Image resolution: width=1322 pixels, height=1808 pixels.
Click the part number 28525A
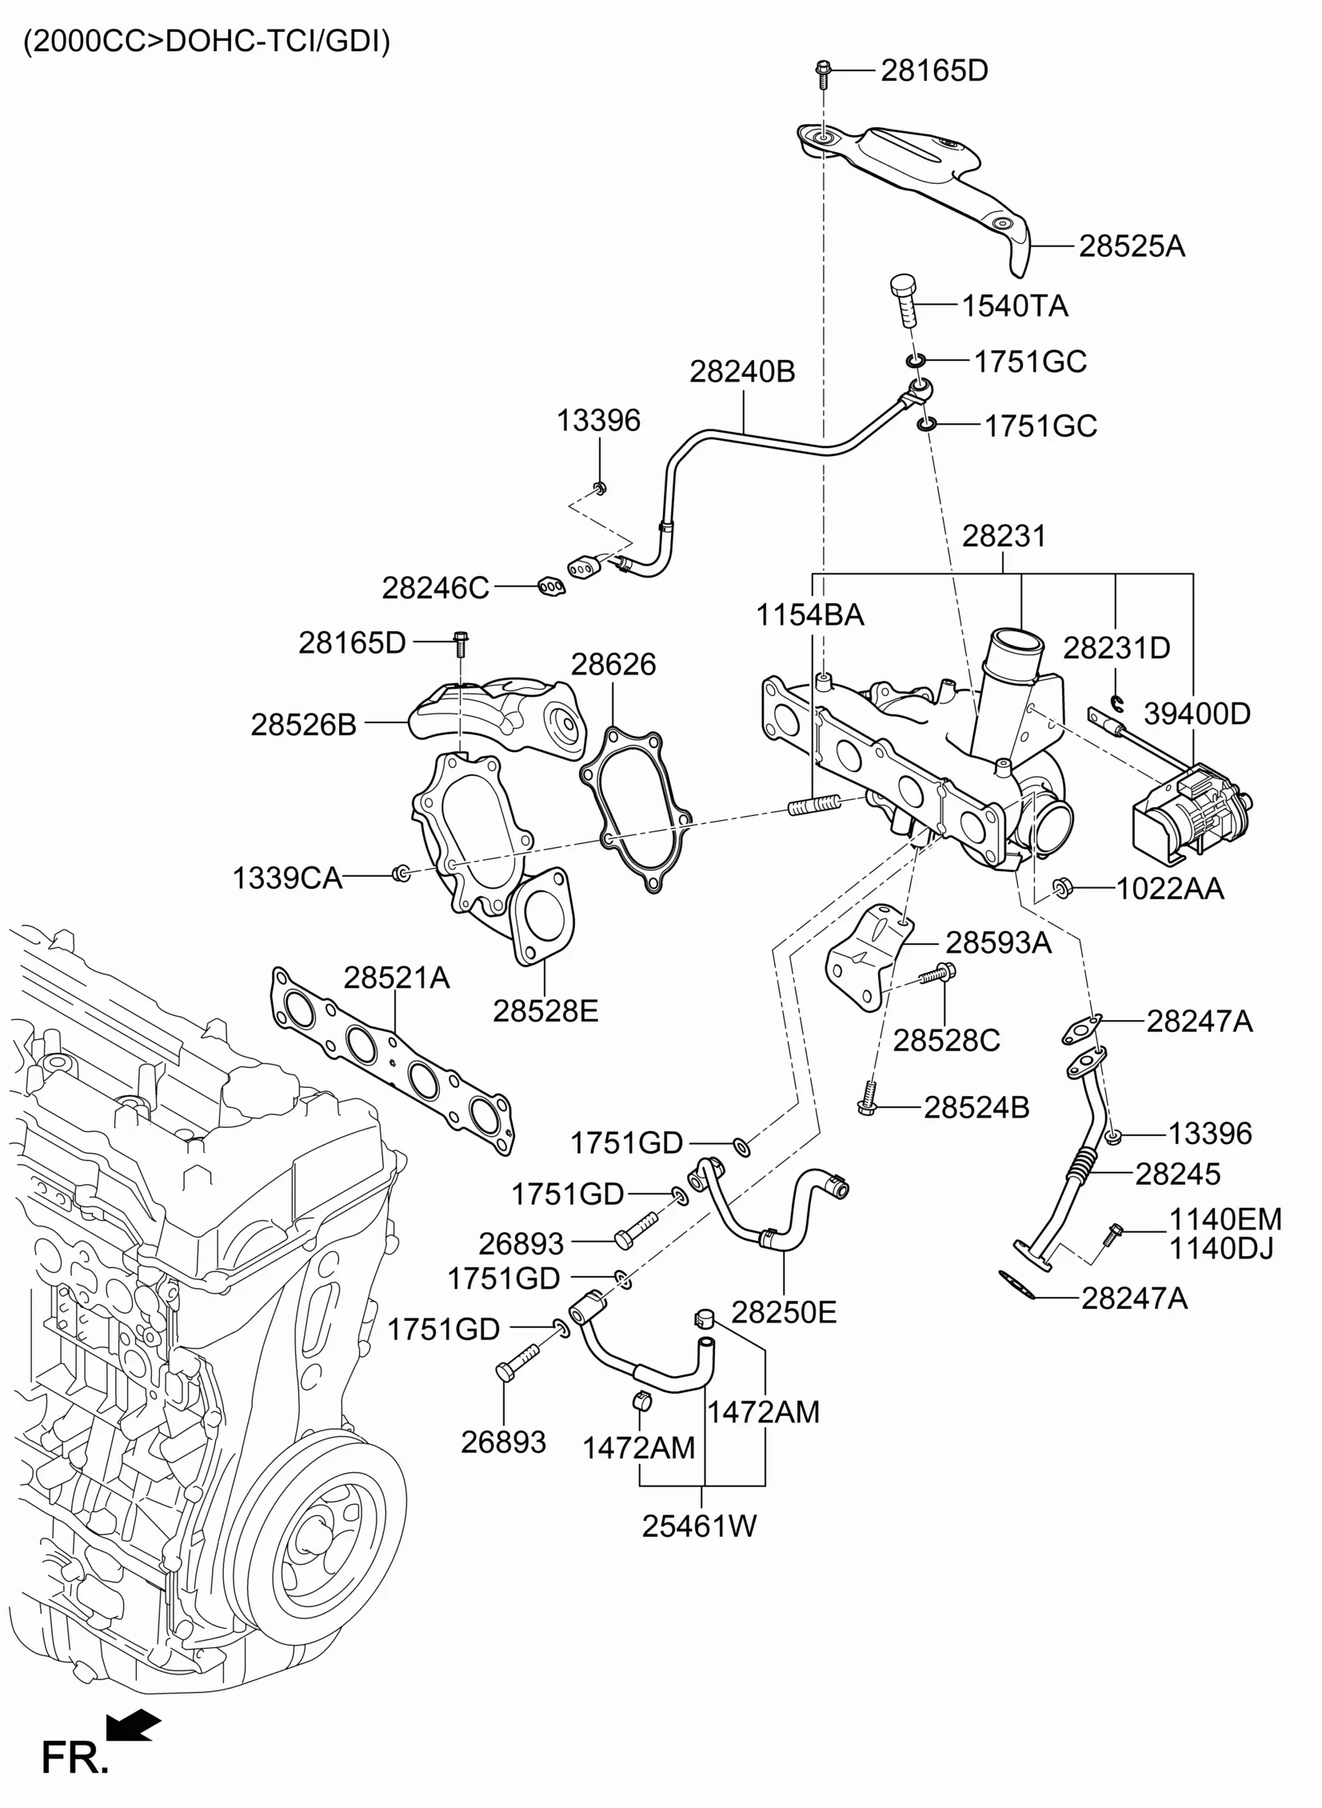pyautogui.click(x=1132, y=246)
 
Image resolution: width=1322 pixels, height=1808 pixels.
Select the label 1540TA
pyautogui.click(x=1015, y=306)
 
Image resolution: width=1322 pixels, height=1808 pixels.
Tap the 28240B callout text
pyautogui.click(x=742, y=371)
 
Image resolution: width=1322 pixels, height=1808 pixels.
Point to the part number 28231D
pyautogui.click(x=1116, y=647)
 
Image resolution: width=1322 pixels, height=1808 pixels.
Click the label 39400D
pyautogui.click(x=1196, y=713)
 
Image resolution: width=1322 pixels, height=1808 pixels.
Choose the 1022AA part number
pyautogui.click(x=1170, y=888)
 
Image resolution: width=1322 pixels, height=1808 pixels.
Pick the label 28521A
pyautogui.click(x=397, y=978)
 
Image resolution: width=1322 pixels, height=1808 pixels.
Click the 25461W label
pyautogui.click(x=699, y=1526)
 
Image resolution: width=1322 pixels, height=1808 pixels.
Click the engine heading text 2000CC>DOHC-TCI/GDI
pyautogui.click(x=206, y=42)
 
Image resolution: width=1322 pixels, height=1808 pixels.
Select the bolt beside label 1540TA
pyautogui.click(x=905, y=299)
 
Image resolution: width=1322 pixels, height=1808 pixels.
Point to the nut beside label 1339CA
pyautogui.click(x=401, y=872)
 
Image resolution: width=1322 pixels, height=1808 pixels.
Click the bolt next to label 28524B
pyautogui.click(x=869, y=1099)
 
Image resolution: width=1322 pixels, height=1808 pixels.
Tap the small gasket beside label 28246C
pyautogui.click(x=550, y=587)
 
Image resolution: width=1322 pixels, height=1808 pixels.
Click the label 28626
pyautogui.click(x=613, y=664)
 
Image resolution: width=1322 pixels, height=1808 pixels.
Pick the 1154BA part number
pyautogui.click(x=810, y=615)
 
